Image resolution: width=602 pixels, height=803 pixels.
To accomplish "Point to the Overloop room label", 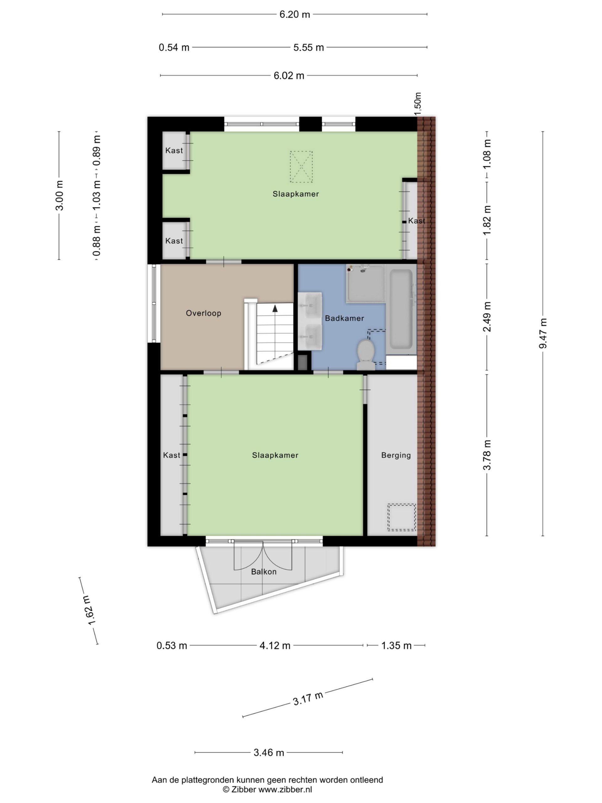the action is [203, 313].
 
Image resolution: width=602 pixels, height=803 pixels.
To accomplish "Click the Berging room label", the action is [396, 455].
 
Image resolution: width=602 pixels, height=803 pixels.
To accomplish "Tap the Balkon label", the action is [264, 572].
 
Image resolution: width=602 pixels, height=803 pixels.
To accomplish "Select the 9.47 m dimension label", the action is [542, 333].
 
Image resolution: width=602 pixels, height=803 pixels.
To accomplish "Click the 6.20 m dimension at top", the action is [295, 14].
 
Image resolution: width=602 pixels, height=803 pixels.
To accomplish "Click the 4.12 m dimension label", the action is [275, 646].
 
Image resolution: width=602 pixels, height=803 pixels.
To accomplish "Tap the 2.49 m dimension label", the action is [487, 316].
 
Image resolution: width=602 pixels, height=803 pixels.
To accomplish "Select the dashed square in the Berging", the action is [401, 517].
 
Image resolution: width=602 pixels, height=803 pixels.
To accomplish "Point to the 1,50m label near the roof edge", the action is [418, 104].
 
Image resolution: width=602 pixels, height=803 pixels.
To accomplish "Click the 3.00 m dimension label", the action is [60, 195].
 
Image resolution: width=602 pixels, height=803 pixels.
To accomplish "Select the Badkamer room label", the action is [344, 318].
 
